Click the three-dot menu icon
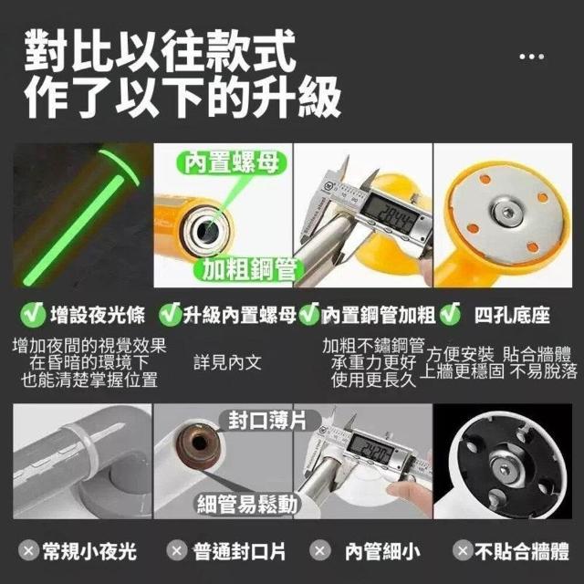tap(531, 57)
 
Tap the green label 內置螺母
tap(232, 162)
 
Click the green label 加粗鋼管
tap(249, 269)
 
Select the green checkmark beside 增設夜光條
tap(33, 315)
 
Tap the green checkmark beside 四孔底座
tap(450, 314)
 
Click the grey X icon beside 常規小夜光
tap(28, 551)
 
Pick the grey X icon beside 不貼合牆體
tap(463, 550)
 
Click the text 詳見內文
tap(227, 362)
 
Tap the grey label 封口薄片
tap(267, 420)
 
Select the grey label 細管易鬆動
tap(247, 505)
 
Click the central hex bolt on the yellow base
tap(506, 213)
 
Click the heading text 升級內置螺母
tap(239, 315)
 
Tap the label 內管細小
tap(382, 551)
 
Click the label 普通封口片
tap(239, 551)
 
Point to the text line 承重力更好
tap(373, 362)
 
